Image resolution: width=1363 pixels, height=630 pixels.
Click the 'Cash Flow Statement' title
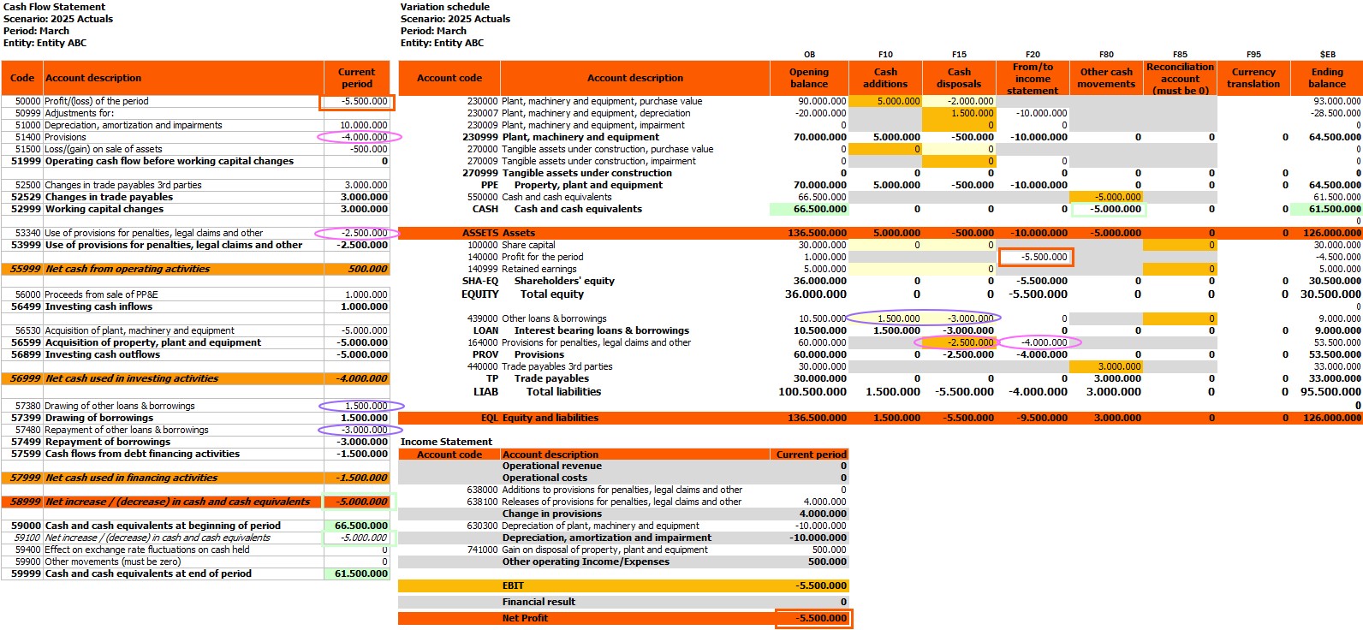[54, 7]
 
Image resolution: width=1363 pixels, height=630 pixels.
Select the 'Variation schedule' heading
[444, 7]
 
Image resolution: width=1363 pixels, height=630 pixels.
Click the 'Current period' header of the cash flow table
[356, 78]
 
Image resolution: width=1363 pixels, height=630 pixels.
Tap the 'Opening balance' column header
[809, 78]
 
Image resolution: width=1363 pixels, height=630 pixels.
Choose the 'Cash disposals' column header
[959, 78]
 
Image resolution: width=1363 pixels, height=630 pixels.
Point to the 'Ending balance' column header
[1327, 78]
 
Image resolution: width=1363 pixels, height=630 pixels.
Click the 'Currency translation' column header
[1253, 78]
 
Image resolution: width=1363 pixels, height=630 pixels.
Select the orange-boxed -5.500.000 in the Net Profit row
[820, 618]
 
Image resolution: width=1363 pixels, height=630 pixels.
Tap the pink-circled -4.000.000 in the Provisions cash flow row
[364, 137]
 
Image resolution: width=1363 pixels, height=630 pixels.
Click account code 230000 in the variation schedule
[482, 101]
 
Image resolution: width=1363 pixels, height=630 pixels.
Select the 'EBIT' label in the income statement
[513, 586]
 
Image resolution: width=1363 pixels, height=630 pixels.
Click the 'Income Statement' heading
[446, 442]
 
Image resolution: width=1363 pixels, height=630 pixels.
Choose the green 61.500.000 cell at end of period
[360, 574]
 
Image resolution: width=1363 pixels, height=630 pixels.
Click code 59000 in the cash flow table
[27, 526]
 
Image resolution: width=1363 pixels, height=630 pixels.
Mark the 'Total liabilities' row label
[563, 392]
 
